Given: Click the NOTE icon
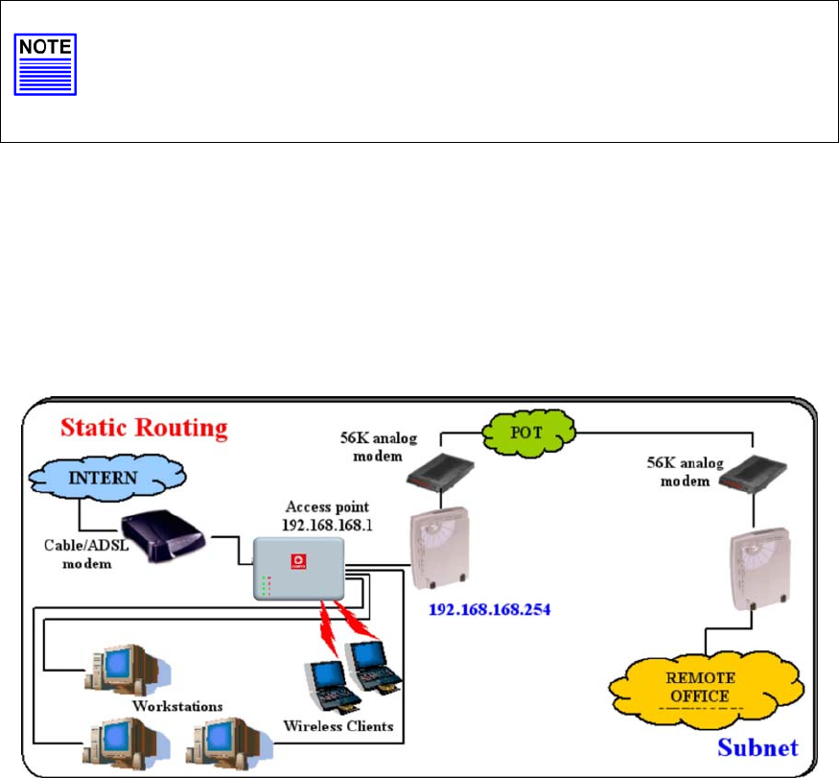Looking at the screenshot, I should point(45,66).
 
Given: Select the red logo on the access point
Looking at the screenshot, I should point(295,557).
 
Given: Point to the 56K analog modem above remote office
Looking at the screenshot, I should point(748,495).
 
